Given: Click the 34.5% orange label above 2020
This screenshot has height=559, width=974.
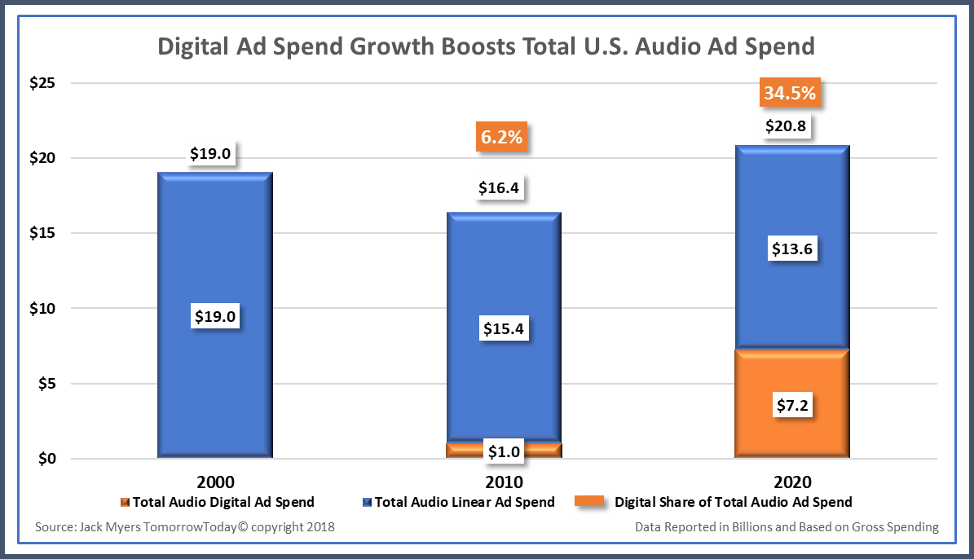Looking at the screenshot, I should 790,93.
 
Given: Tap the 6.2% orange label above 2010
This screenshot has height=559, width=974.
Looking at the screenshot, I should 501,137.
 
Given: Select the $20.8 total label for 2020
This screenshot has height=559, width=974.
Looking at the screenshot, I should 790,126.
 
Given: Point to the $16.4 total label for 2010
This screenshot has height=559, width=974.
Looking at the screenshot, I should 501,189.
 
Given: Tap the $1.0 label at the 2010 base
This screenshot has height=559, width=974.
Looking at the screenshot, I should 504,450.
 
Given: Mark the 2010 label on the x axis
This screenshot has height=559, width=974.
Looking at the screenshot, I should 504,481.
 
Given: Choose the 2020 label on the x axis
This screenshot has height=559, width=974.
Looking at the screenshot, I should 792,481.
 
